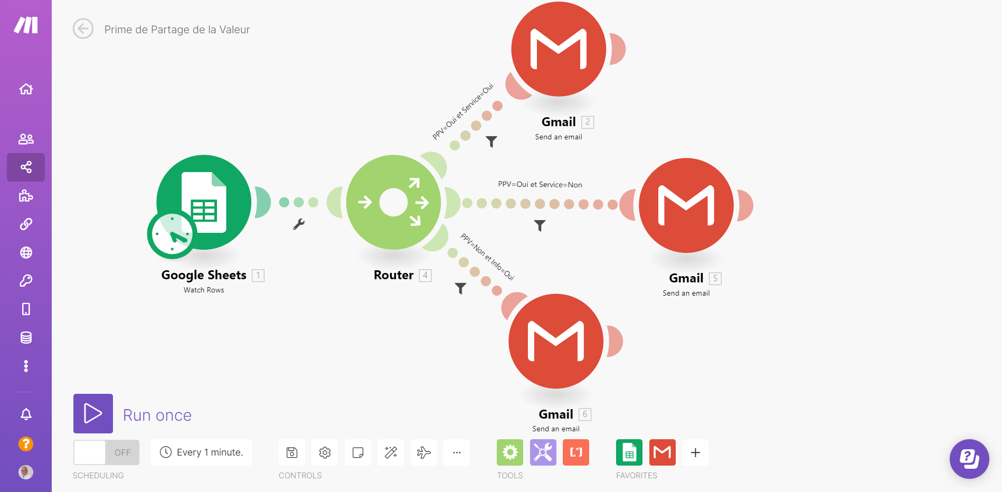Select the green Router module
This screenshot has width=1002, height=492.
[x=393, y=202]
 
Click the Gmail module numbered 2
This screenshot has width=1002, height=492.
[x=559, y=49]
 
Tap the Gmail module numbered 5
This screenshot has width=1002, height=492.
[x=686, y=205]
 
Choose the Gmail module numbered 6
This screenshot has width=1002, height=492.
[x=556, y=341]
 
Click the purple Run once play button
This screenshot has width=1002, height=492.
[x=93, y=413]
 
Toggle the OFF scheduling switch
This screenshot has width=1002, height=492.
[x=106, y=452]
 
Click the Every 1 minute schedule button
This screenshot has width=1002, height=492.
[x=201, y=452]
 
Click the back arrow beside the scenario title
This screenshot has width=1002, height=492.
[x=83, y=29]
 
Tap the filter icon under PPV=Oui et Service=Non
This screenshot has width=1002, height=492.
[x=540, y=225]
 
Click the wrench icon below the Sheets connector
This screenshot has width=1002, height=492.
[x=299, y=224]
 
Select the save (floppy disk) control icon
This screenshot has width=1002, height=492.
[x=292, y=452]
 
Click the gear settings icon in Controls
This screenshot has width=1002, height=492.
[x=325, y=452]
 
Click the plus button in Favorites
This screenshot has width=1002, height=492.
[x=695, y=452]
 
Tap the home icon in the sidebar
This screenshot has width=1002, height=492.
[x=26, y=89]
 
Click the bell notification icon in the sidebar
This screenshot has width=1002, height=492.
[x=26, y=414]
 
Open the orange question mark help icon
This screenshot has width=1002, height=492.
[x=26, y=444]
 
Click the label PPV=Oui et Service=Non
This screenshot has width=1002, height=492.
[x=540, y=185]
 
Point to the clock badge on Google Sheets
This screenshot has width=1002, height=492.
[x=172, y=234]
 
